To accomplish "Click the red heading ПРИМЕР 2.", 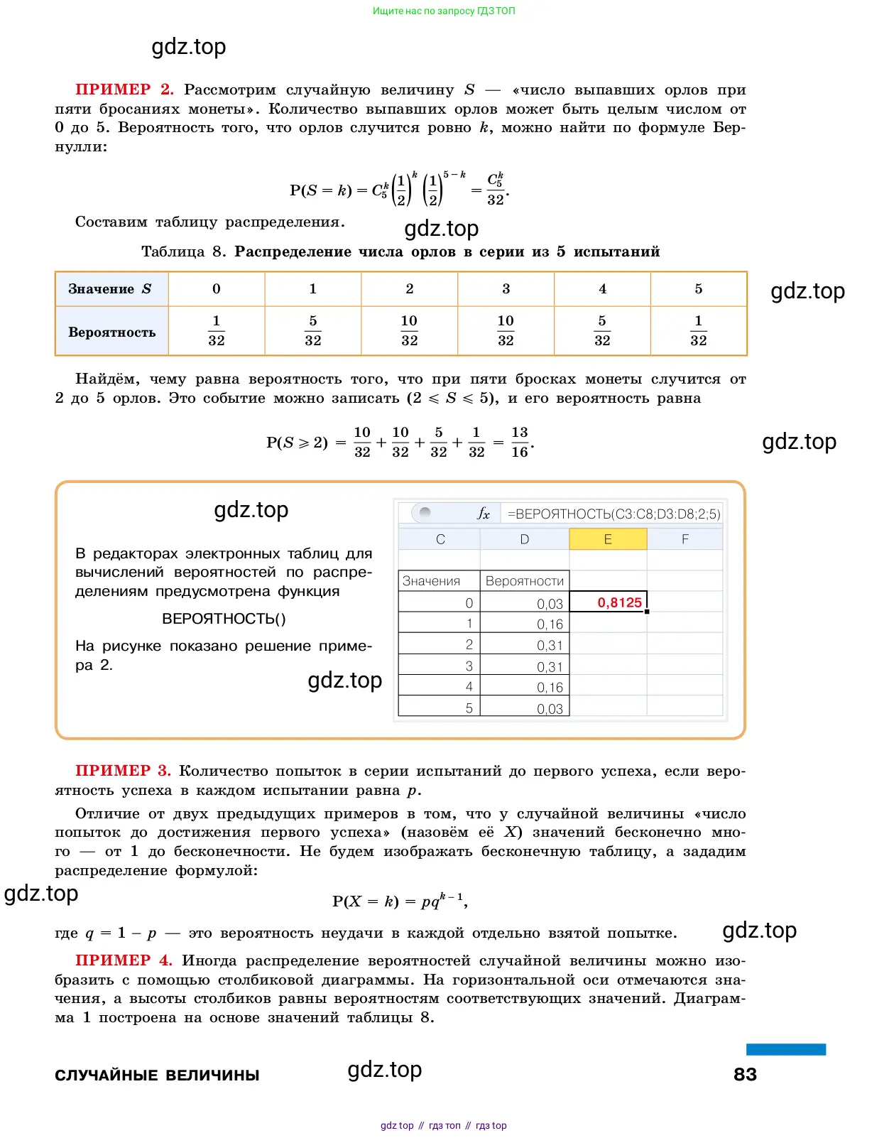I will pyautogui.click(x=124, y=90).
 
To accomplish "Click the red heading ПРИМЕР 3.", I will pyautogui.click(x=123, y=771).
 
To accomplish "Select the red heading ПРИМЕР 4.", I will pyautogui.click(x=124, y=960).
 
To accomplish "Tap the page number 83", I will pyautogui.click(x=745, y=1074).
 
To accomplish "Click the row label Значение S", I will pyautogui.click(x=110, y=289).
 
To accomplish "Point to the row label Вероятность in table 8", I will pyautogui.click(x=111, y=332).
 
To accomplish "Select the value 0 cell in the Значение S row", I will pyautogui.click(x=217, y=289).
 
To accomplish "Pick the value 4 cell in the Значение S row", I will pyautogui.click(x=602, y=289).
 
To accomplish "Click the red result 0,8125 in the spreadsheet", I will pyautogui.click(x=619, y=602).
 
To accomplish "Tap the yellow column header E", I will pyautogui.click(x=608, y=539).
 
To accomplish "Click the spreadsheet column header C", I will pyautogui.click(x=440, y=539).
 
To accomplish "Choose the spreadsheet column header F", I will pyautogui.click(x=685, y=539).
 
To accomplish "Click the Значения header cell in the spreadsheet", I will pyautogui.click(x=431, y=581).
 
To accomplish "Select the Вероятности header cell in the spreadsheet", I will pyautogui.click(x=525, y=581).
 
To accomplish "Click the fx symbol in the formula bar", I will pyautogui.click(x=484, y=514).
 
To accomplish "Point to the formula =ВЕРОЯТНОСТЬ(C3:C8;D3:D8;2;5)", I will pyautogui.click(x=613, y=514).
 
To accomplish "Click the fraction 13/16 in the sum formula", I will pyautogui.click(x=520, y=442).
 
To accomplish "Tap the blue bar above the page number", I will pyautogui.click(x=785, y=1049).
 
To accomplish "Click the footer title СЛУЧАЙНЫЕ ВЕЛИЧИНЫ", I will pyautogui.click(x=157, y=1075).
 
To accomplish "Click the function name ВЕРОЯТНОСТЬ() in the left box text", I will pyautogui.click(x=224, y=619).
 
